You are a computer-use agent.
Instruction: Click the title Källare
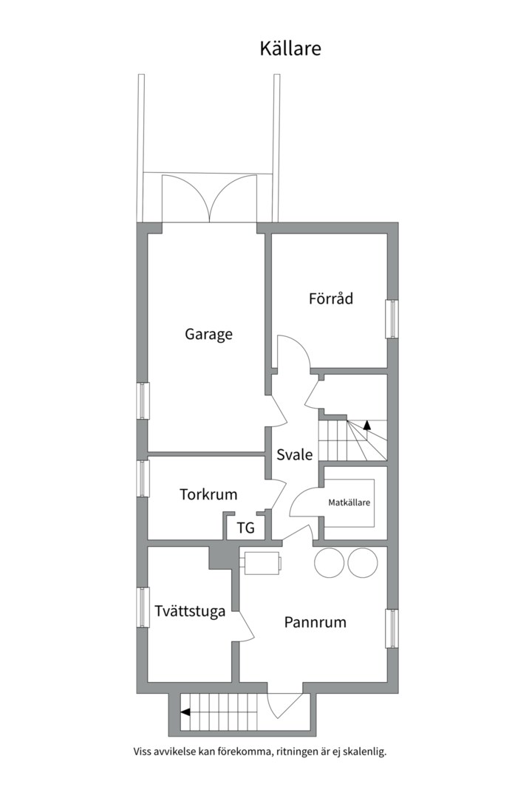coord(290,48)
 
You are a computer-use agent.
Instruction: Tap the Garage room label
coord(208,335)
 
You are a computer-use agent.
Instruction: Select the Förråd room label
coord(331,298)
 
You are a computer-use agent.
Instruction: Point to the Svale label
coord(294,454)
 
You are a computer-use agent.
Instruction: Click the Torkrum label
coord(208,494)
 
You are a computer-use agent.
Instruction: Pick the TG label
coord(246,528)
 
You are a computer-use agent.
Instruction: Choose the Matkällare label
coord(349,502)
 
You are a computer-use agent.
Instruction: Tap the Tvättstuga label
coord(190,611)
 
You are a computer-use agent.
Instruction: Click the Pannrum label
coord(315,622)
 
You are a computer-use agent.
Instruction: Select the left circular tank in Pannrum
coord(330,562)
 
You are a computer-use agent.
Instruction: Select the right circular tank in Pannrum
coord(363,562)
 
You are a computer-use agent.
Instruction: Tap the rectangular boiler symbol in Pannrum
coord(262,563)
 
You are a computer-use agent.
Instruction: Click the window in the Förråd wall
coord(392,319)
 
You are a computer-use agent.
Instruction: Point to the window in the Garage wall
coord(143,400)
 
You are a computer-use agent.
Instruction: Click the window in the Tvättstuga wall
coord(143,607)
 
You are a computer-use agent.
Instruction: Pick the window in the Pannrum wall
coord(392,629)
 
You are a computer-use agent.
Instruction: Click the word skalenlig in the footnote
coord(364,751)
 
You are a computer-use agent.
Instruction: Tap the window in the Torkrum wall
coord(143,478)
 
